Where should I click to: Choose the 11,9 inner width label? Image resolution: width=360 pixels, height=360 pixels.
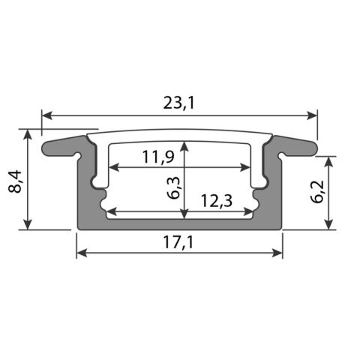coord(157,157)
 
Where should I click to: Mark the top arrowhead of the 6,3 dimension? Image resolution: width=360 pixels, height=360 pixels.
coord(184,143)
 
